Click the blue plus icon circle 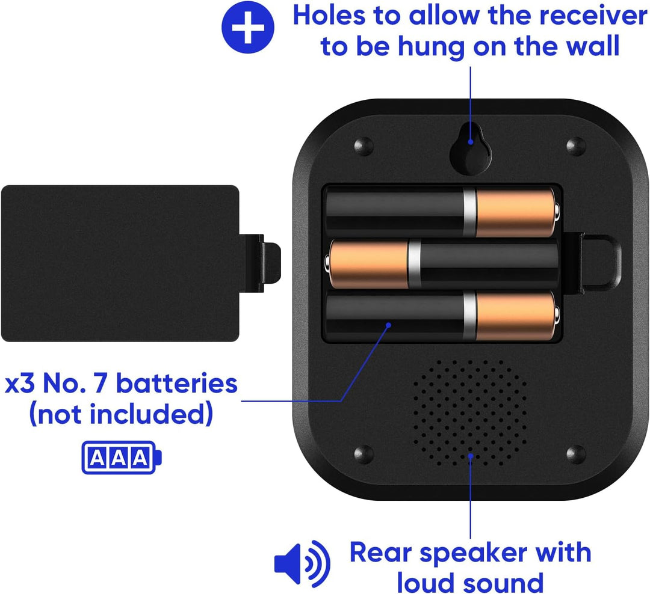point(247,27)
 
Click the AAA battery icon point(122,458)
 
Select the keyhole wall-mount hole point(471,150)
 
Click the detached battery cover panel point(120,263)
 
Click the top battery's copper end point(516,212)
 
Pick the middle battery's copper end point(367,265)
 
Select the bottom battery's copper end point(516,316)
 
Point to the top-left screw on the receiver point(364,146)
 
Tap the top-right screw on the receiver point(576,146)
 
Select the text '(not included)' point(121,414)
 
